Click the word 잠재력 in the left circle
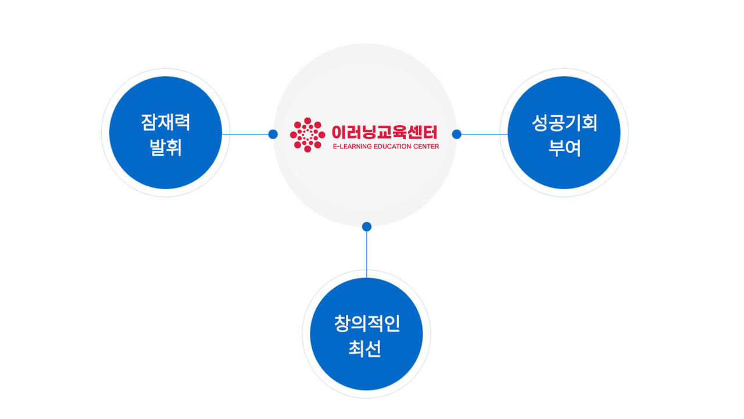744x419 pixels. [166, 122]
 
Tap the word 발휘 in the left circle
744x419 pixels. [166, 148]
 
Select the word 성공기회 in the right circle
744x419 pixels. [564, 123]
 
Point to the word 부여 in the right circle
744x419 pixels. [564, 148]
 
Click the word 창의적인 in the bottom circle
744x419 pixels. [367, 323]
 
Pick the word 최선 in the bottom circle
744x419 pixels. [364, 349]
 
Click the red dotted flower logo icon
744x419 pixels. [307, 135]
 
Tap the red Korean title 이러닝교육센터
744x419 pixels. [385, 132]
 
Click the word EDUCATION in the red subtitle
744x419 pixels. [392, 146]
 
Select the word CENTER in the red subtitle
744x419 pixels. [426, 146]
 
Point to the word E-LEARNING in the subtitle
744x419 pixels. [352, 146]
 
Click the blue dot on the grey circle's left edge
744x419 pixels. [273, 134]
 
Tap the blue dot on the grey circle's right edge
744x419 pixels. [457, 134]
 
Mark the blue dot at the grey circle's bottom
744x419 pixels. [367, 227]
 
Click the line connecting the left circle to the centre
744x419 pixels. [245, 134]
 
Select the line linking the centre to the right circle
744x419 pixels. [485, 134]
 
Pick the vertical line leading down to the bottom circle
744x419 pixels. [367, 254]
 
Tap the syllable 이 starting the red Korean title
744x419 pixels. [339, 132]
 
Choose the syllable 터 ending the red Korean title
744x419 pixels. [430, 132]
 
